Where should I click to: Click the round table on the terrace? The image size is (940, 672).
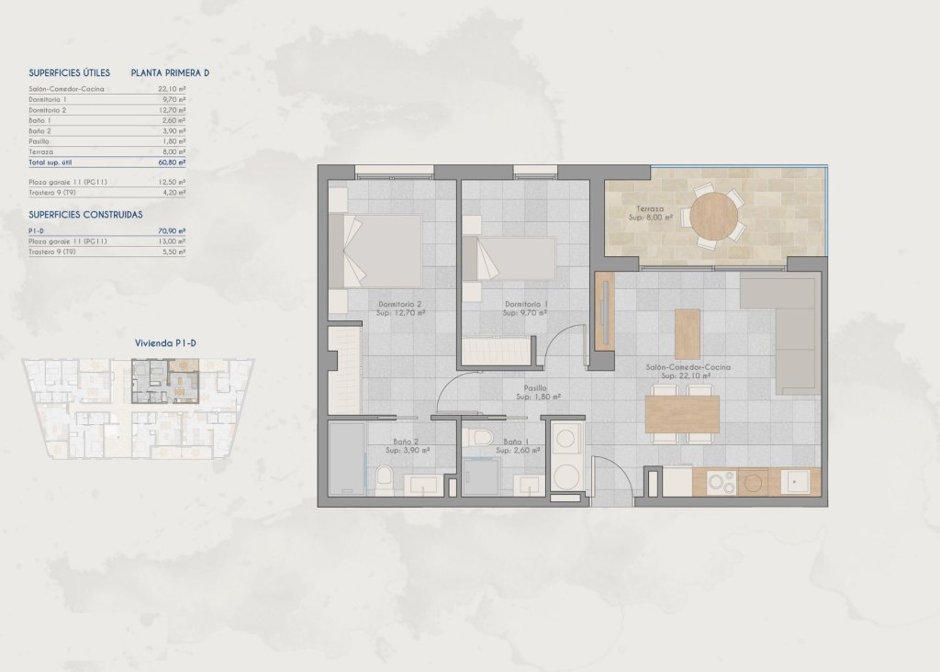click(714, 217)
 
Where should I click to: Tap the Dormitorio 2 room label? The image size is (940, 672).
click(399, 308)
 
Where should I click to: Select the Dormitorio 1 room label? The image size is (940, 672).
click(526, 308)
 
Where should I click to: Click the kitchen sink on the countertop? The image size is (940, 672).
click(794, 480)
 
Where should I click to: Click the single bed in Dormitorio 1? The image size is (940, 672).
click(509, 258)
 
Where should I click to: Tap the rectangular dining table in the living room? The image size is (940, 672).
click(682, 414)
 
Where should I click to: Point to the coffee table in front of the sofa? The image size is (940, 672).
click(687, 334)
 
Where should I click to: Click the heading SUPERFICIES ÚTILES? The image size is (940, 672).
click(70, 73)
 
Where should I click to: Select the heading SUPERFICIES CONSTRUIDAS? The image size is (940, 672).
click(85, 214)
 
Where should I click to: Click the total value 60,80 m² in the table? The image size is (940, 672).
click(172, 162)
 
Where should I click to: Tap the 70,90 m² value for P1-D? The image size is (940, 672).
click(172, 231)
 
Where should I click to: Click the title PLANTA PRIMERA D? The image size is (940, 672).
click(170, 73)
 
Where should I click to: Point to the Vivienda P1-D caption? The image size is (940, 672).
click(166, 342)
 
